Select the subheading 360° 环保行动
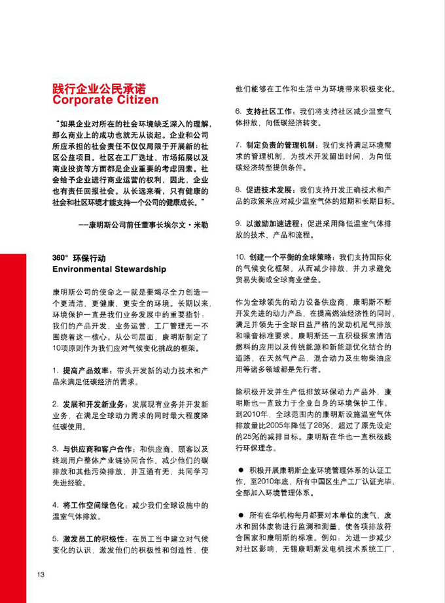[79, 257]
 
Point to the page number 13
[40, 575]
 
